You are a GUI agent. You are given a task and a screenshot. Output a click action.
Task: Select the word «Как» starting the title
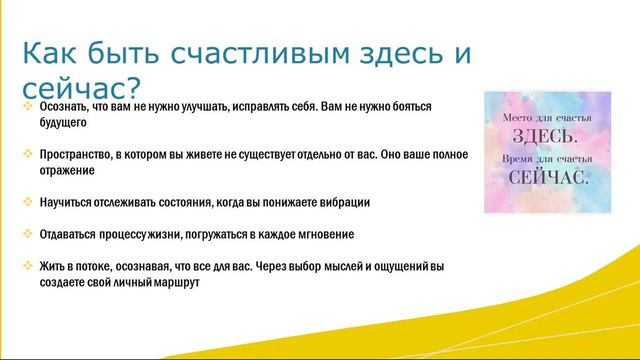(x=47, y=53)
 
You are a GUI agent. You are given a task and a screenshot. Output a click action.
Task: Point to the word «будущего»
(x=65, y=123)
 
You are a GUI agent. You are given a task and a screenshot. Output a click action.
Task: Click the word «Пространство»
(x=75, y=155)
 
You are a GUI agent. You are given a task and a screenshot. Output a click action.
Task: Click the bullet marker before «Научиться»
(x=27, y=202)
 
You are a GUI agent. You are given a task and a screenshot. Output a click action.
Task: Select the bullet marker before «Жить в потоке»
(x=27, y=266)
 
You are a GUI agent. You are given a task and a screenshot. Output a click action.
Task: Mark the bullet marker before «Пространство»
(x=27, y=155)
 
